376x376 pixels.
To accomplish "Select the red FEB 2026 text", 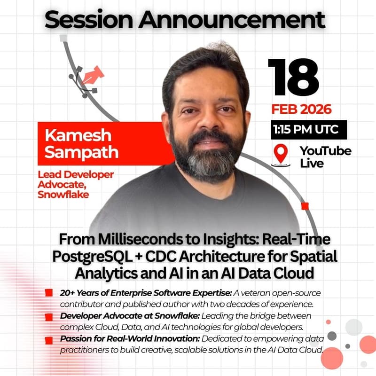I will pyautogui.click(x=301, y=110).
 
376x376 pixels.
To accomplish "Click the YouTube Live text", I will pyautogui.click(x=325, y=157).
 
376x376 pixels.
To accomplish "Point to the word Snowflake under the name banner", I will pyautogui.click(x=63, y=193).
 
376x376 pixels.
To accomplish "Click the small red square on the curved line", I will pyautogui.click(x=305, y=206).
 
